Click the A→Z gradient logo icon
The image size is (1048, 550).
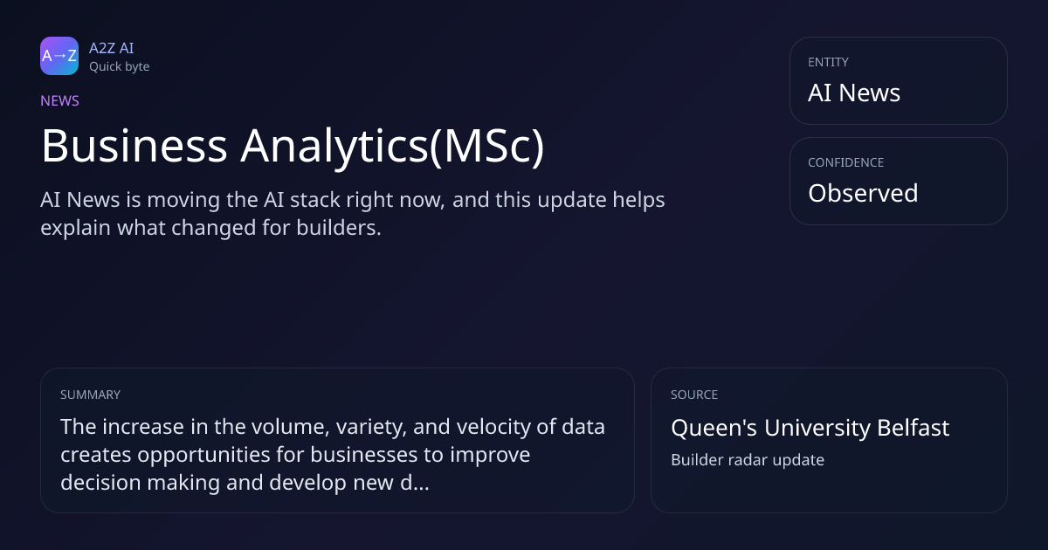[x=59, y=56]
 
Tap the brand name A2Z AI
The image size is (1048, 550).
[x=112, y=48]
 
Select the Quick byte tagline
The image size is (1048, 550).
[x=120, y=67]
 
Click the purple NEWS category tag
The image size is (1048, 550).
[x=59, y=100]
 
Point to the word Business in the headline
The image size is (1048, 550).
[x=134, y=146]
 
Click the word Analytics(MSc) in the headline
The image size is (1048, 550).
[x=392, y=147]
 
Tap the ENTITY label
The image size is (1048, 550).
[x=828, y=62]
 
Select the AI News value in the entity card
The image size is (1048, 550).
[x=854, y=93]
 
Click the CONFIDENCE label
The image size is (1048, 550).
[x=846, y=162]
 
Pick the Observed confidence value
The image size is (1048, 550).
[x=863, y=193]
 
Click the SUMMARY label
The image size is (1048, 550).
[x=90, y=395]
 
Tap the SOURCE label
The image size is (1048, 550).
[x=694, y=395]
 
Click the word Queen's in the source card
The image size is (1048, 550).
[x=714, y=429]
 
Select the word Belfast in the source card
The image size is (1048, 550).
[x=914, y=428]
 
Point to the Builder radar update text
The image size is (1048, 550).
[x=748, y=460]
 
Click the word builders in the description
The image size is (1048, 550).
[x=339, y=228]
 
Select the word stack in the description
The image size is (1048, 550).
[x=315, y=200]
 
